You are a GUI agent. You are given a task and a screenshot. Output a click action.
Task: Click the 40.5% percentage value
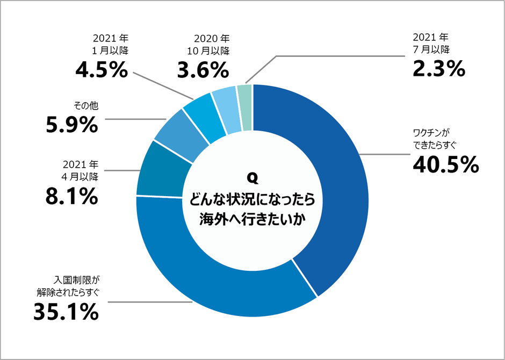point(445,164)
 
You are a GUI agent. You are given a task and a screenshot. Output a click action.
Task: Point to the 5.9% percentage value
point(71,125)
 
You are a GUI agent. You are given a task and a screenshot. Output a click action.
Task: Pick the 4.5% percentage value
point(101,71)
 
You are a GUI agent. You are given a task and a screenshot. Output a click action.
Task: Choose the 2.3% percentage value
point(438,69)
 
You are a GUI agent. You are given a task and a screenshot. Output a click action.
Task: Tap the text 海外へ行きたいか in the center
point(252,219)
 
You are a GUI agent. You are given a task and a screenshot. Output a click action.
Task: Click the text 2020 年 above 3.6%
point(211,39)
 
